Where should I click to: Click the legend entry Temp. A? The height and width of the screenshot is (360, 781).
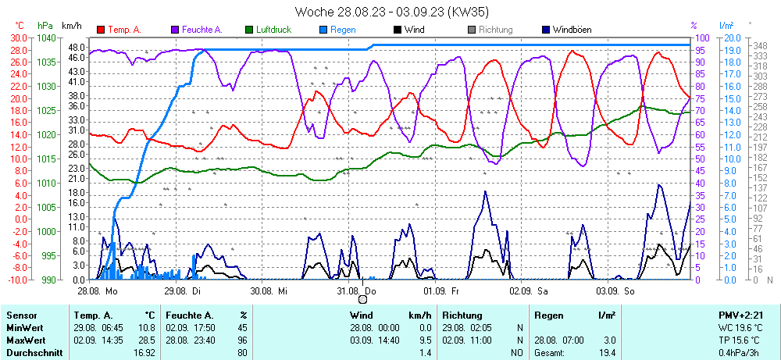tap(123, 30)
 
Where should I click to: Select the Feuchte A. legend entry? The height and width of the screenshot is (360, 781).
tap(201, 30)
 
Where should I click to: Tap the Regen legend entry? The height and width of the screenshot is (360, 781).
tap(343, 30)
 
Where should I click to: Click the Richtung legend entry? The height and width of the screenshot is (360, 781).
tap(495, 30)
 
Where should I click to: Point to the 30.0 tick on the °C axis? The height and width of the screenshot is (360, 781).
tap(17, 37)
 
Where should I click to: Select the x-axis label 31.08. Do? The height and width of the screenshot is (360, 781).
tap(356, 290)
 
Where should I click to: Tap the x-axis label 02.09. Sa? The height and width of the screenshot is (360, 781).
tap(529, 290)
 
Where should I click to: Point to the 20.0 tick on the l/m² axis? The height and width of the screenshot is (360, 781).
tap(731, 37)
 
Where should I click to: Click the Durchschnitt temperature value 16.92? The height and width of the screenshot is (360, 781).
tap(144, 353)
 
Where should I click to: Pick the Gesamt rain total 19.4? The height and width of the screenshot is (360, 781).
tap(606, 353)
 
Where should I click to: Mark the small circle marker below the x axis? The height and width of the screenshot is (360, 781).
tap(362, 299)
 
